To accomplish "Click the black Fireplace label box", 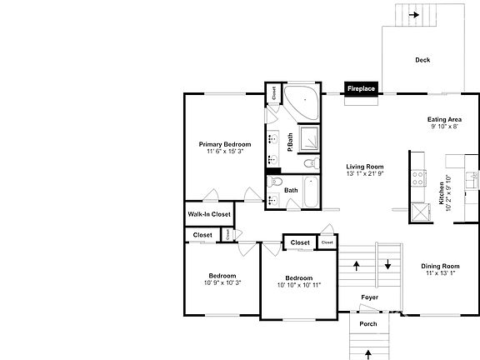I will (x=362, y=87).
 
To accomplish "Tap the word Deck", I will (x=422, y=60).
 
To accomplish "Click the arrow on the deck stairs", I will (x=414, y=14).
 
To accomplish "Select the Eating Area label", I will (x=444, y=119).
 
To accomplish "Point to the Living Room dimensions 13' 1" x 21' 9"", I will (x=365, y=174).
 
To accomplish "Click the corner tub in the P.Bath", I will (x=302, y=102).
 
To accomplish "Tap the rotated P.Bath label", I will (x=290, y=142).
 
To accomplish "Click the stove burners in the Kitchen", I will (x=417, y=177).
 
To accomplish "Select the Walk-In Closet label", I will (x=209, y=214).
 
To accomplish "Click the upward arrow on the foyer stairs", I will (x=357, y=266).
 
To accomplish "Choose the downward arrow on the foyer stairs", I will (x=388, y=266).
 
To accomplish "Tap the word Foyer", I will (x=370, y=297).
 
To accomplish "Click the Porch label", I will (x=367, y=324).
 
